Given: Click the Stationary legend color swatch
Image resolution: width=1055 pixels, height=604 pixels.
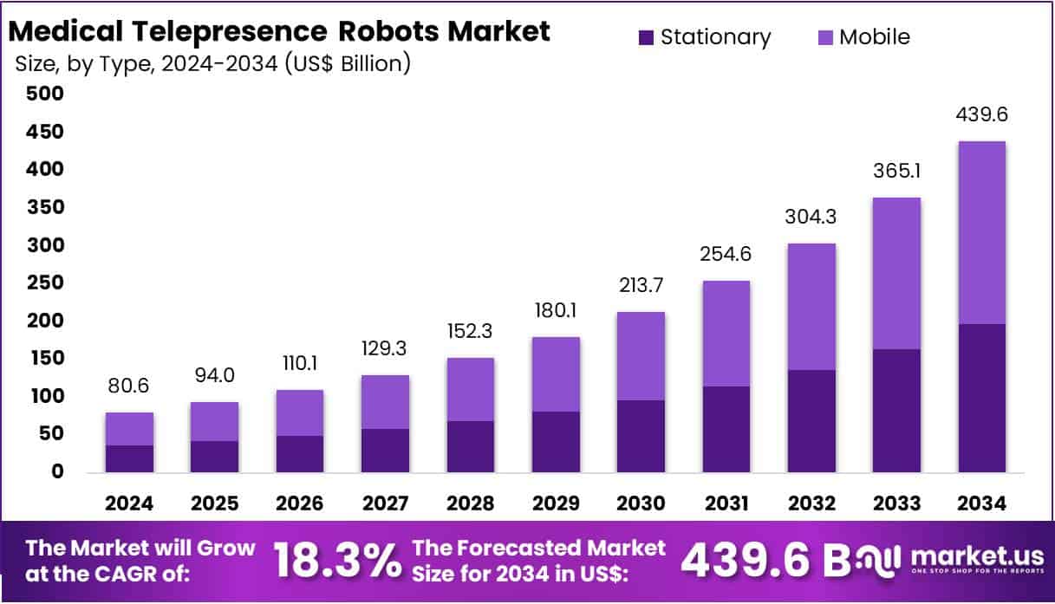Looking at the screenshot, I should pos(646,37).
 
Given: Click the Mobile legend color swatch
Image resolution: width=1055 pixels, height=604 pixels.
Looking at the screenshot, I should pos(825,37).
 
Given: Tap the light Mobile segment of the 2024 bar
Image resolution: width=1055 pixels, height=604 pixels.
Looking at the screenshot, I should pos(129,429).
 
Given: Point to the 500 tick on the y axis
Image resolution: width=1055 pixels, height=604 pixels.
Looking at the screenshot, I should pos(45,94).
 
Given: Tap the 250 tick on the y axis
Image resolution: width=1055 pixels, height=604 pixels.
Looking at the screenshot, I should pos(45,283).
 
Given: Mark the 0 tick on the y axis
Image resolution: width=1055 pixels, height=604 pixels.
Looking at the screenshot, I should pos(57,472).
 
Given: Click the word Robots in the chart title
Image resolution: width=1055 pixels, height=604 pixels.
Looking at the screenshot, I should pos(386,32).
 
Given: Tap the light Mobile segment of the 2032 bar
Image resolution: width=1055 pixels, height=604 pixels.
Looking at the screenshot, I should pos(811,307).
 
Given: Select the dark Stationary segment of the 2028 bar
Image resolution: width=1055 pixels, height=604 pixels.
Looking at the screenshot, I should pos(470,446).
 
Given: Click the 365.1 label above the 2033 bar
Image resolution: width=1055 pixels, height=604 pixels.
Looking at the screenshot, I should pos(895,172).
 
